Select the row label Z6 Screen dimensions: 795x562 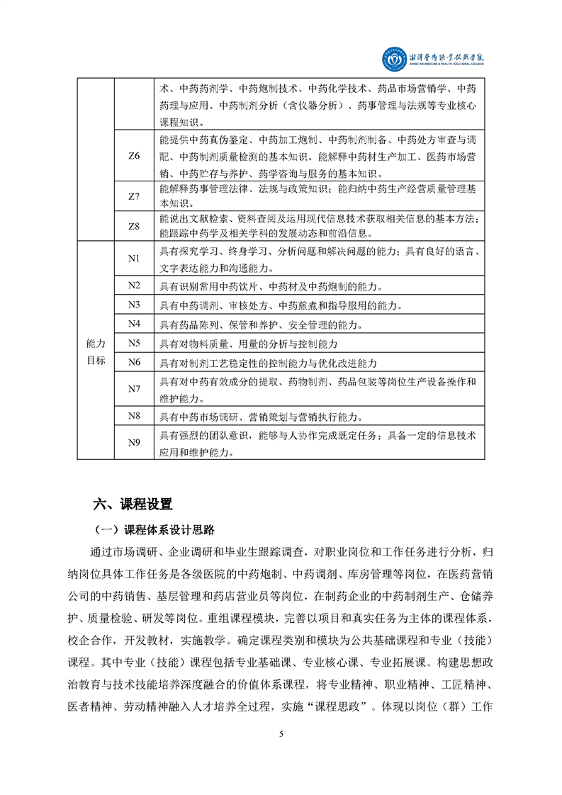point(134,155)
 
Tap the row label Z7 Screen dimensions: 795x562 point(134,196)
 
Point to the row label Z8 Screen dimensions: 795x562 point(134,226)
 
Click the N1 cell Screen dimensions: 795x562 point(134,259)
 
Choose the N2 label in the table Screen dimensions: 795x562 point(134,286)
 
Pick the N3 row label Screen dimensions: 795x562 point(134,305)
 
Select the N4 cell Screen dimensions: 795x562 point(134,324)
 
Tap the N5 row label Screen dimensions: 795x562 point(134,343)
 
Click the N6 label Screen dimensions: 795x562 point(134,362)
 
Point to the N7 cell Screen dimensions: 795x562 point(134,388)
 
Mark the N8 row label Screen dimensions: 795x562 point(134,415)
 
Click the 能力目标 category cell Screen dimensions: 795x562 point(95,351)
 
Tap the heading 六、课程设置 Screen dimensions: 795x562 point(133,504)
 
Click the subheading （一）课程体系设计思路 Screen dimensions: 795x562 point(155,529)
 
